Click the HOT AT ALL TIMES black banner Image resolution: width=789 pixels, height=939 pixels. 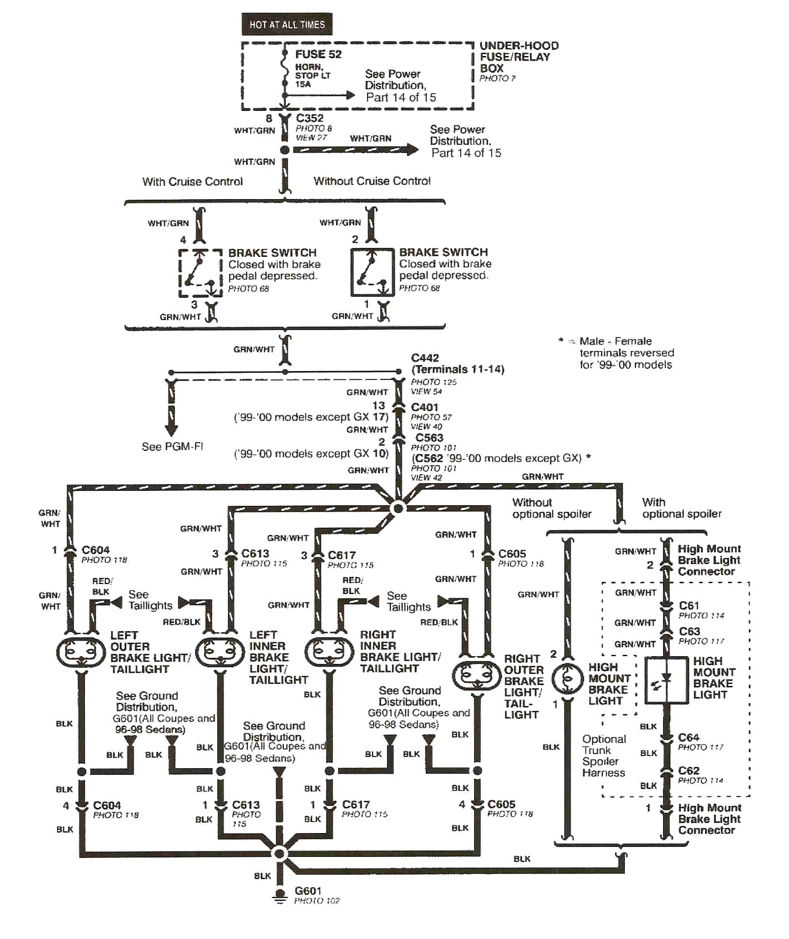287,24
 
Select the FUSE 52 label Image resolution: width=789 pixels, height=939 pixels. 318,54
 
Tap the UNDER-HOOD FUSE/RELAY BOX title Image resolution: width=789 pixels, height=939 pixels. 518,57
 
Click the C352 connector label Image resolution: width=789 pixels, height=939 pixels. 309,118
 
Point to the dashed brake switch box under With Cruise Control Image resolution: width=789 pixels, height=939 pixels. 200,273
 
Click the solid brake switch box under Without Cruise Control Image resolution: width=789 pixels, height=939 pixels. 371,272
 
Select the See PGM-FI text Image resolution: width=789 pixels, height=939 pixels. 172,446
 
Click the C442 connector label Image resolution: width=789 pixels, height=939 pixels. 425,358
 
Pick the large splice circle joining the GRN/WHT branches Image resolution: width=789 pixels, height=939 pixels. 398,508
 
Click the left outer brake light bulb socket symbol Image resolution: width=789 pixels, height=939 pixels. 81,652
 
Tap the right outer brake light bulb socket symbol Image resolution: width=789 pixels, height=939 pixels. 477,676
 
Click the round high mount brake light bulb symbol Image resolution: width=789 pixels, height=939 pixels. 567,678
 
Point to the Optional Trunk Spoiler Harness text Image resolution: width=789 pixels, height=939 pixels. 603,756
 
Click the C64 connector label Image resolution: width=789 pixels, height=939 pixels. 688,737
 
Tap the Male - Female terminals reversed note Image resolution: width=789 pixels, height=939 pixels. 625,353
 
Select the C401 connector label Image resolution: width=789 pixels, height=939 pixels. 424,407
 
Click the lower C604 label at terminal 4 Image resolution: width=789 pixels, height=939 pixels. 106,805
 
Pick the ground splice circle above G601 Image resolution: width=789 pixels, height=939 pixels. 280,853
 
